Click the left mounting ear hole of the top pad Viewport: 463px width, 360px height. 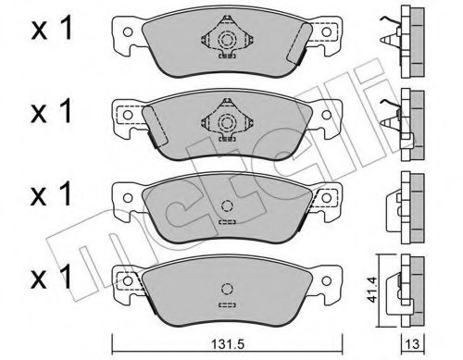tap(125, 33)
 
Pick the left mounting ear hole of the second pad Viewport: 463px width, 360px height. tap(125, 117)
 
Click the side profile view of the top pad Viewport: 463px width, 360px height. tap(408, 43)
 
